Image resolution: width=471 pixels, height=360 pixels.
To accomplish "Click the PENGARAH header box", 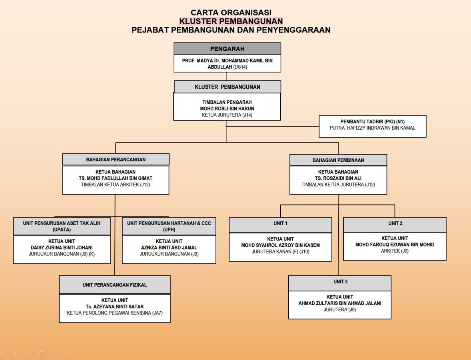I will tap(227, 49).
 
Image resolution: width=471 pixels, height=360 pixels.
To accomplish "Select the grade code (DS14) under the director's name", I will tap(240, 67).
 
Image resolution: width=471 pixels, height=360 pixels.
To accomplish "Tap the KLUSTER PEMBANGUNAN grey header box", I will tap(227, 87).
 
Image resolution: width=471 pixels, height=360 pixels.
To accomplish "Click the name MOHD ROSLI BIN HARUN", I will tap(227, 108).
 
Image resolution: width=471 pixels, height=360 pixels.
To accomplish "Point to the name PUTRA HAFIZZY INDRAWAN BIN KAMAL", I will tap(372, 128).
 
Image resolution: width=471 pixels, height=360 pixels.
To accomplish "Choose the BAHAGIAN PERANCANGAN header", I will tap(116, 160).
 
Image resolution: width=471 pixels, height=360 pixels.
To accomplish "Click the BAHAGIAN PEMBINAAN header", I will tap(338, 160).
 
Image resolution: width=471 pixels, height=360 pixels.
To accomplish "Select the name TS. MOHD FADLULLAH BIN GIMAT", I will tap(116, 178).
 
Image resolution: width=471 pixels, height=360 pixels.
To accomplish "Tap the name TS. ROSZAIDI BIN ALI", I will tap(338, 178).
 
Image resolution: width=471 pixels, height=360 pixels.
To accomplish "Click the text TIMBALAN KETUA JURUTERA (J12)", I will tap(338, 185).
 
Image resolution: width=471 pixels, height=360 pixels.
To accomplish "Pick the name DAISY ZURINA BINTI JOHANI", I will tap(62, 248).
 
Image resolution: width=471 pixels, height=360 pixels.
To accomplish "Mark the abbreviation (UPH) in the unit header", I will tap(169, 230).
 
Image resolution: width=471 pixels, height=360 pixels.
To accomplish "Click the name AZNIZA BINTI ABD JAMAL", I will tap(169, 248).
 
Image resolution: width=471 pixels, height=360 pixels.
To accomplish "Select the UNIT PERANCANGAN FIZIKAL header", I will tap(115, 285).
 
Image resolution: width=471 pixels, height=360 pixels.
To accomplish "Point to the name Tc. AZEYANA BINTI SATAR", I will tap(115, 307).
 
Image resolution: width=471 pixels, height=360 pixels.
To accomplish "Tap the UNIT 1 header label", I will tap(280, 223).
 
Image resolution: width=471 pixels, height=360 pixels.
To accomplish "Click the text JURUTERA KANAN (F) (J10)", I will tap(280, 252).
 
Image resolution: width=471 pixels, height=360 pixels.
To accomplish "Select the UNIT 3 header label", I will tap(340, 282).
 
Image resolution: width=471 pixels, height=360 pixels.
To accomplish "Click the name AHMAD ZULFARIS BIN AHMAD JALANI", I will tap(340, 303).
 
